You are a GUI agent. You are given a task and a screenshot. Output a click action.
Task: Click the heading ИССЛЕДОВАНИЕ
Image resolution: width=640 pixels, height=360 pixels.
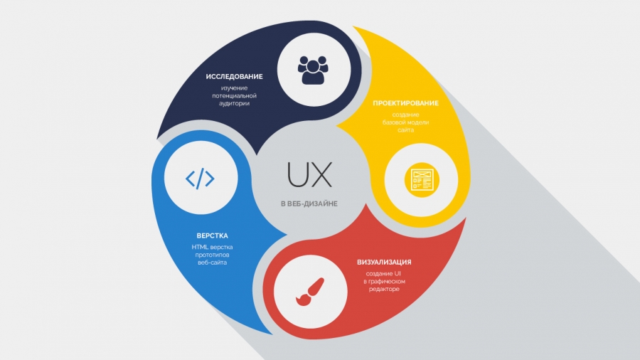click(234, 77)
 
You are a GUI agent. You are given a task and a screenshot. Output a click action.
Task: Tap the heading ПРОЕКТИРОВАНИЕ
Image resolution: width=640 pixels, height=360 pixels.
click(406, 103)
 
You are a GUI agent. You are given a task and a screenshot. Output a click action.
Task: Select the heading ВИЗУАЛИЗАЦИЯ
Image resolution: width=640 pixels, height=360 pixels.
click(384, 262)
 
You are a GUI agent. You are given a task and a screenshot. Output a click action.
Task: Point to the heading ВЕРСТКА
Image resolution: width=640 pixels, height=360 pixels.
click(212, 236)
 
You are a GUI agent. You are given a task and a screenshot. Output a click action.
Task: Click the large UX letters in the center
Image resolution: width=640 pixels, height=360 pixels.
click(310, 175)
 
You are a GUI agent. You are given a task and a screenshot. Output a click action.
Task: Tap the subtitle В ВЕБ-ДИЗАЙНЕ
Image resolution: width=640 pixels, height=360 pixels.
click(309, 203)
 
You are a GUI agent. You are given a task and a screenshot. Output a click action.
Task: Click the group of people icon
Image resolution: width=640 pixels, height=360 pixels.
click(313, 70)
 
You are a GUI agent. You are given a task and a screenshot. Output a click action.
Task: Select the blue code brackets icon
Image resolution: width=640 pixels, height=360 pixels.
click(200, 179)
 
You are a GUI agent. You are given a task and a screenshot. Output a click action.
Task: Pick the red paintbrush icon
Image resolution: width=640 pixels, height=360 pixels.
click(310, 292)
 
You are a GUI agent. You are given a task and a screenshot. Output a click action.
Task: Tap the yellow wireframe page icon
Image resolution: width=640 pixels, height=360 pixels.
click(422, 180)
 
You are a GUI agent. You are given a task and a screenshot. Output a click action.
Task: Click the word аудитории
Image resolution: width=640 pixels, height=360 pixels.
click(234, 104)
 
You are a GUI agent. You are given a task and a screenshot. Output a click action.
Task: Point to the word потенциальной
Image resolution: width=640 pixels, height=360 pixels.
click(234, 96)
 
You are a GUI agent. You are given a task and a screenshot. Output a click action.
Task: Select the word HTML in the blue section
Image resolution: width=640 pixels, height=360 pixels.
click(200, 247)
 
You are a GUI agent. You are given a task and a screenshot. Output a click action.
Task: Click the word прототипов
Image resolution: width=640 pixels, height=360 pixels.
click(212, 255)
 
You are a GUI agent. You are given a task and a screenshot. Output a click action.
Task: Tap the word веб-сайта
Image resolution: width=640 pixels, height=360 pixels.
click(212, 263)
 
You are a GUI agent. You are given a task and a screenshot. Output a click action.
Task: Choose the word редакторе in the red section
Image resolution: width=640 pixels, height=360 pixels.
click(384, 290)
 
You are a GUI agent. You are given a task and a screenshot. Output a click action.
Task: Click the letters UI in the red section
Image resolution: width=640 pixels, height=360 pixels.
click(398, 273)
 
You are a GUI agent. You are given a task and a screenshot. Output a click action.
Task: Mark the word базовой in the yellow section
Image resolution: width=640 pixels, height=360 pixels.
click(393, 122)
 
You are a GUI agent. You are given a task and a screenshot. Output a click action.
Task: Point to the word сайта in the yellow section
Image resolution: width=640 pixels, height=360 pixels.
click(406, 130)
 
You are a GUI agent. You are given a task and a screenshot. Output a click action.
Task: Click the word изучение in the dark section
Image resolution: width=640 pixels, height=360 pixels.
click(234, 88)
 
